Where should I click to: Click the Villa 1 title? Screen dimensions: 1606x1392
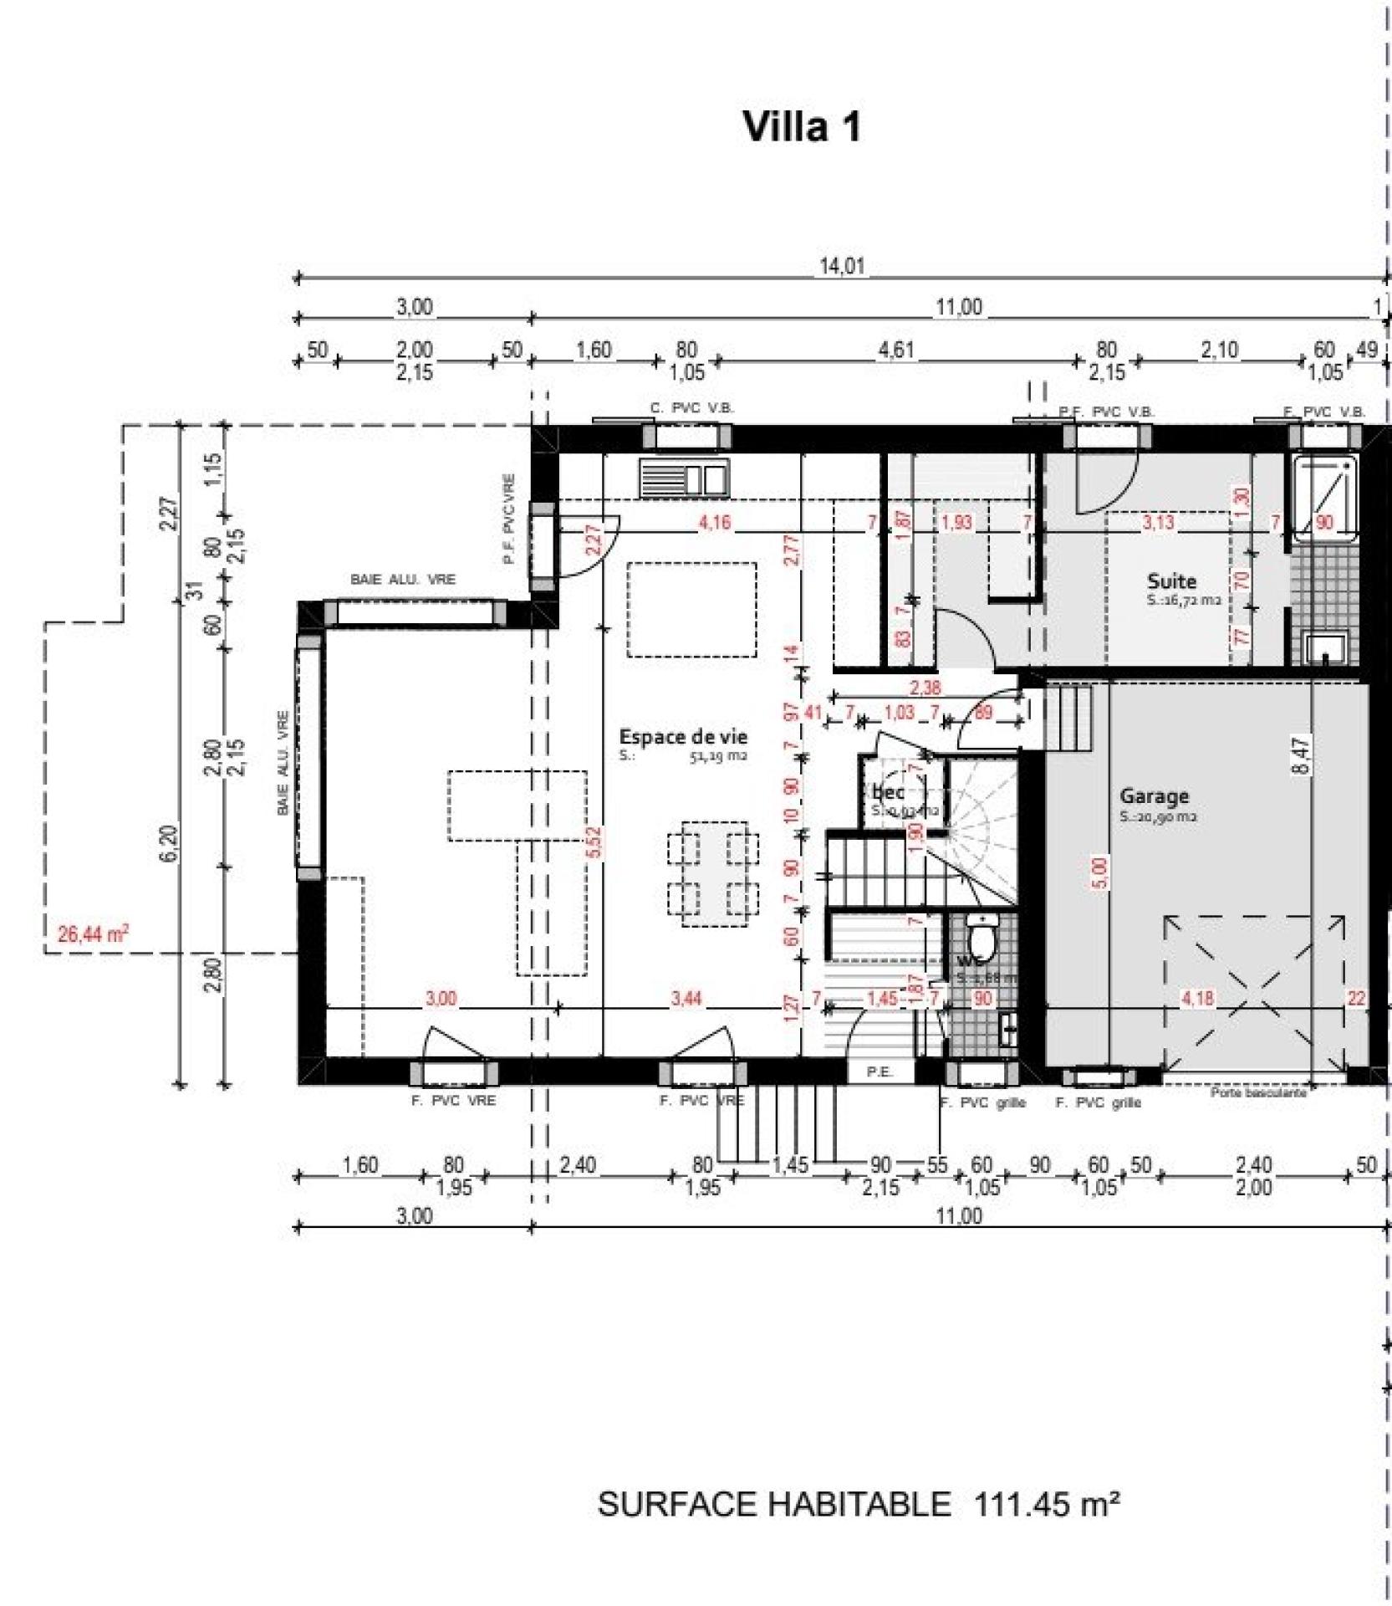[801, 127]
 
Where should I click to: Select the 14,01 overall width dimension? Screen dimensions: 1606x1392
[841, 267]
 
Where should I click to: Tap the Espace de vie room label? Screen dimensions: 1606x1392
[682, 737]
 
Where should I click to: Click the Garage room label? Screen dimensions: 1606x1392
[1154, 796]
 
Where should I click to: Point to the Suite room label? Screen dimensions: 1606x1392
[1170, 581]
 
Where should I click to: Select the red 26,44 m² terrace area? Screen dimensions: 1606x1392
[92, 933]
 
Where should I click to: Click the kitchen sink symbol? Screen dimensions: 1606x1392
[683, 478]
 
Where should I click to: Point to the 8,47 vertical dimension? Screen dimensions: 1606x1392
[1301, 754]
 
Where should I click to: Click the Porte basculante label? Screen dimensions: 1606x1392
[1257, 1092]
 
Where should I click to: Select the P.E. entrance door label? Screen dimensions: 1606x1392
[880, 1072]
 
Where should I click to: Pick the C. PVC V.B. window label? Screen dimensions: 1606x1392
[691, 409]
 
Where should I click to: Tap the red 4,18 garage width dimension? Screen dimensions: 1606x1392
[1197, 998]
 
